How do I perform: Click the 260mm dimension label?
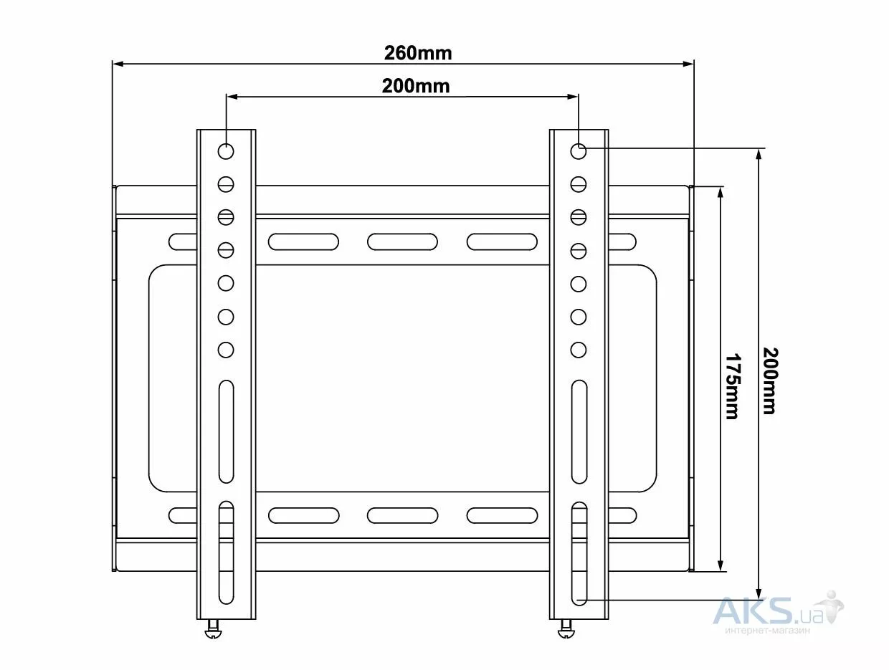point(417,53)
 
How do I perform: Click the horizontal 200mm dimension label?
point(416,86)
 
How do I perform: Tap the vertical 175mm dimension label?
point(732,387)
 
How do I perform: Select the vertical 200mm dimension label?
point(770,381)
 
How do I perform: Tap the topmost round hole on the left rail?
point(226,151)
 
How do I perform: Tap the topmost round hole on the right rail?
point(579,151)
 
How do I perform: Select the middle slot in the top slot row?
point(402,241)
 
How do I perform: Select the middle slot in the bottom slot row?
point(402,515)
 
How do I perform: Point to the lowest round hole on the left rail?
point(226,350)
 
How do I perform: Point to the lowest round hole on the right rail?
point(579,350)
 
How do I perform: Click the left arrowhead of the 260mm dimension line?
point(118,64)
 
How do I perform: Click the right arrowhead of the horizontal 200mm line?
point(573,97)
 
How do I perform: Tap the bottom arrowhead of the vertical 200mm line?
point(759,593)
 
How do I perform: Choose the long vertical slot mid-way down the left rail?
point(226,431)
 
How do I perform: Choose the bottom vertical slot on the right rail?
point(579,553)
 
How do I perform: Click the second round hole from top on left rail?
point(226,184)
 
